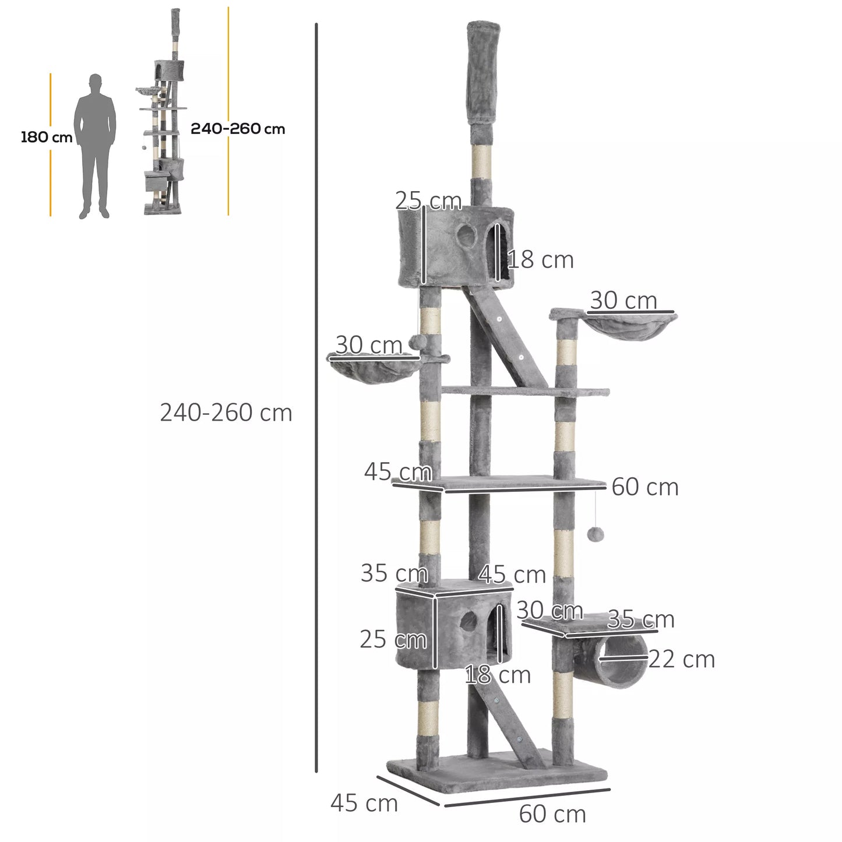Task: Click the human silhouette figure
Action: (x=95, y=146)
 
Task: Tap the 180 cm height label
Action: (x=46, y=138)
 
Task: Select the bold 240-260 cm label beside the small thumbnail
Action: (x=238, y=129)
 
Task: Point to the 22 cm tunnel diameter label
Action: (x=681, y=660)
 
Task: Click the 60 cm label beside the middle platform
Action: (x=645, y=487)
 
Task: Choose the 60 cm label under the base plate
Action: (x=552, y=814)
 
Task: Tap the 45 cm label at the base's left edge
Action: (x=364, y=803)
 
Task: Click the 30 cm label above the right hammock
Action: (x=623, y=301)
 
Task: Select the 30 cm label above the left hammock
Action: (x=369, y=345)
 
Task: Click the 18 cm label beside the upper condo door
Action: (x=540, y=260)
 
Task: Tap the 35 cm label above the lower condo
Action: (x=394, y=573)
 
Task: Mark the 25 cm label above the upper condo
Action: (x=428, y=201)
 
